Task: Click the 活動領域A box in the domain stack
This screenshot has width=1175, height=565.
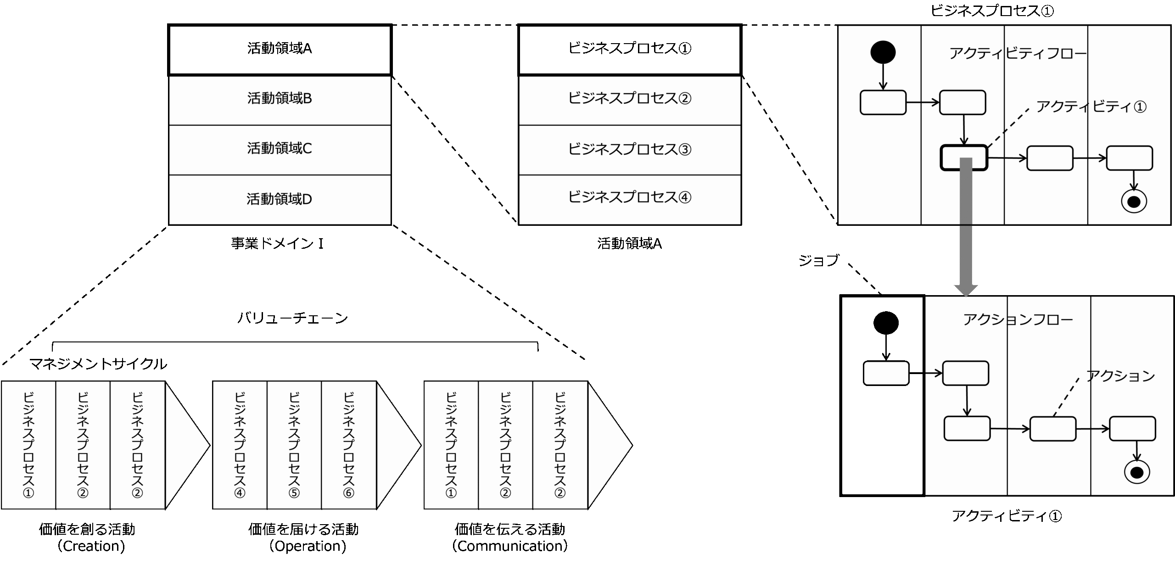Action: (x=280, y=49)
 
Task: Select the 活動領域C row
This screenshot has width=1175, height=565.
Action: (x=280, y=149)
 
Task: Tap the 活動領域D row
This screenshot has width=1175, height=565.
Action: (x=280, y=200)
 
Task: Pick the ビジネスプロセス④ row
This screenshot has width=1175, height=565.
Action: (x=629, y=197)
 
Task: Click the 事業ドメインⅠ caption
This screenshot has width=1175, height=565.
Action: (x=278, y=243)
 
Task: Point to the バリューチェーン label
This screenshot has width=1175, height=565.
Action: (x=293, y=318)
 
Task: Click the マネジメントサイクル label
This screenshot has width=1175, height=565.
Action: (x=98, y=364)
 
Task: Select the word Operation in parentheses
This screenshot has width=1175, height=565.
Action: (x=308, y=546)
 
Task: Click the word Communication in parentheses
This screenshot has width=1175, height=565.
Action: (x=510, y=546)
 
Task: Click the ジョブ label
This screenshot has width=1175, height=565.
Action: (x=819, y=261)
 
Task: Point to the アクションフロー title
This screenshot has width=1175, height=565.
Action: (x=1018, y=319)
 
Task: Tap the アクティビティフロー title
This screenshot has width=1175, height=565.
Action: (x=1018, y=54)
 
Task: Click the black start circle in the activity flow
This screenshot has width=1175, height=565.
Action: (x=883, y=52)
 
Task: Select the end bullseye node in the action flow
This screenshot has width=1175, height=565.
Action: (x=1136, y=472)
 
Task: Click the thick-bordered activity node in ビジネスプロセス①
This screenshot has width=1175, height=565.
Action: (x=963, y=158)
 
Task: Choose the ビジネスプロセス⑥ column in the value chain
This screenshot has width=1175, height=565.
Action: (x=349, y=445)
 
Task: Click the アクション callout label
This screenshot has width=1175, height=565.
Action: (x=1120, y=376)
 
